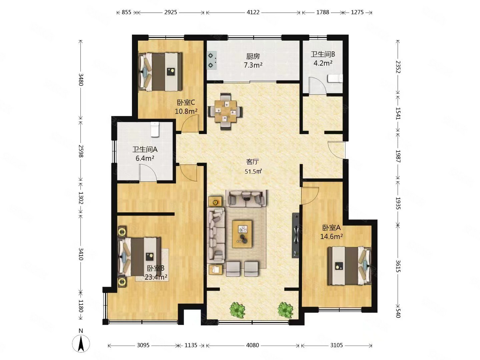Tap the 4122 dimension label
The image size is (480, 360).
click(253, 12)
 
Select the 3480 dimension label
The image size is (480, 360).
click(81, 80)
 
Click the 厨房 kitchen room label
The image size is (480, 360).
click(253, 57)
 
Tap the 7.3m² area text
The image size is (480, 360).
click(253, 65)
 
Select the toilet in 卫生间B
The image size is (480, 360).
click(335, 78)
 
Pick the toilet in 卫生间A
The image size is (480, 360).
click(155, 130)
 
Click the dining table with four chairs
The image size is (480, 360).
click(225, 111)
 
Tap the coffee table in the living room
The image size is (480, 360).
click(242, 234)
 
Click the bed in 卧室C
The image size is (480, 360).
click(161, 72)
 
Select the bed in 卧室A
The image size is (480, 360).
click(349, 266)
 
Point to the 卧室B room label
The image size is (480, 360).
click(155, 268)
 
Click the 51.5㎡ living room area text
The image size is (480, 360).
click(253, 171)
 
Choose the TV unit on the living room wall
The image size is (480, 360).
click(296, 235)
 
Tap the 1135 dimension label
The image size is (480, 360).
click(191, 345)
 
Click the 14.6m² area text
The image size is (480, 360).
click(331, 236)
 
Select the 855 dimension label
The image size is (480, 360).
click(126, 12)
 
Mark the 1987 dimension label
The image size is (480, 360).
click(398, 156)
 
